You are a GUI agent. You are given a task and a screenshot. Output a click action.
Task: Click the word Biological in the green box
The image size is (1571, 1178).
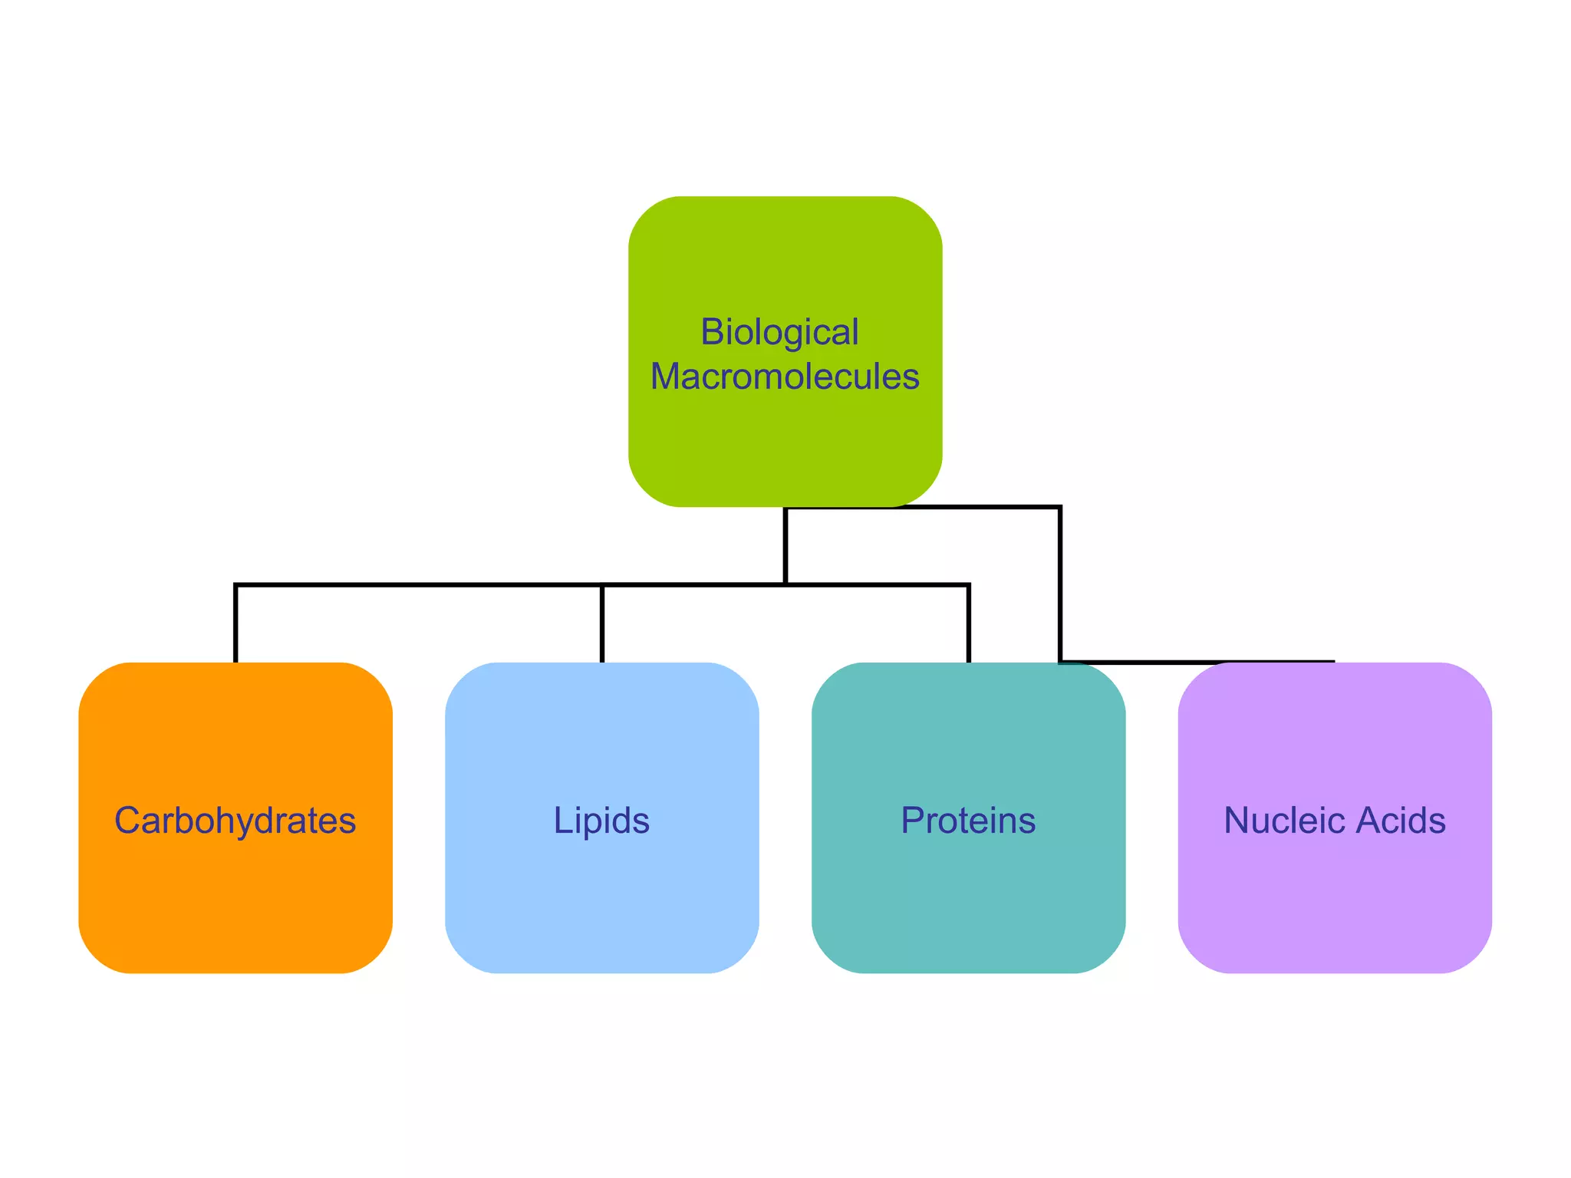(779, 332)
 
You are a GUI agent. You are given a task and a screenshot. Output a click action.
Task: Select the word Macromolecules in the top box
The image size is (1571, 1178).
(785, 377)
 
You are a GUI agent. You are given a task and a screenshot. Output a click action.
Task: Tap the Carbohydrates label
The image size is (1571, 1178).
(235, 820)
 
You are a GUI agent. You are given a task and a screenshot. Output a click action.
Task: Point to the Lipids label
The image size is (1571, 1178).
(601, 820)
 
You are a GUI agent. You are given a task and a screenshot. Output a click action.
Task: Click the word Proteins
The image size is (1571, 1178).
(968, 820)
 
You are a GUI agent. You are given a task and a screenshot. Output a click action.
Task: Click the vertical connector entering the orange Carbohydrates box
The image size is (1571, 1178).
(235, 625)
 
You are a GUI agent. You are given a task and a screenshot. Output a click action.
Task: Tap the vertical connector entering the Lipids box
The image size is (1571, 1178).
(602, 625)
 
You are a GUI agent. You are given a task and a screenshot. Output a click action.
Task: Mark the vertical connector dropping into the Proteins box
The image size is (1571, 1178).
(969, 625)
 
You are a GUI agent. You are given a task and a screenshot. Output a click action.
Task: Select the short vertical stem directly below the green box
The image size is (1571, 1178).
(785, 546)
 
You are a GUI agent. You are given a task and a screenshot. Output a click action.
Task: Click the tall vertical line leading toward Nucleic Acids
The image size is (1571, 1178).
(1060, 583)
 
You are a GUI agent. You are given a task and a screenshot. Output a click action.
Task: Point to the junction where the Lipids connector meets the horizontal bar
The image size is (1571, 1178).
(602, 586)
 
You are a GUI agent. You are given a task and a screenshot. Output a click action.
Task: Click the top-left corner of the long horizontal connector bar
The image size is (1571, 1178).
(236, 586)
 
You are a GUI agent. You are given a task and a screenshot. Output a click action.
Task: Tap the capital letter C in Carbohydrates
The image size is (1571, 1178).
(127, 820)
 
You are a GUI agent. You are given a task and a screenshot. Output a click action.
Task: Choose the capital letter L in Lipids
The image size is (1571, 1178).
(561, 820)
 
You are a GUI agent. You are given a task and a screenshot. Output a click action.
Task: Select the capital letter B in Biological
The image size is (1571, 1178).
(713, 332)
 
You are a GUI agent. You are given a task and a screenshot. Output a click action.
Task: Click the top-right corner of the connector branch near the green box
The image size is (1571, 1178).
(1059, 508)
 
